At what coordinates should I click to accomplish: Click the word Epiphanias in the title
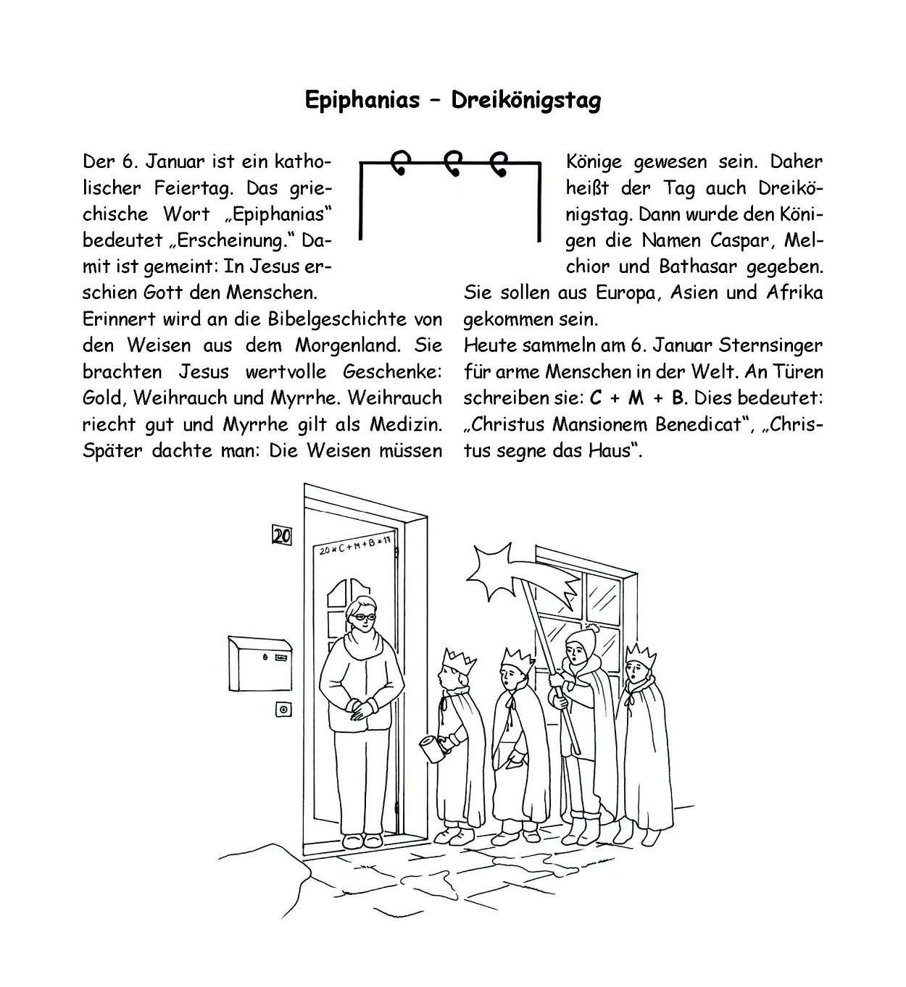[362, 100]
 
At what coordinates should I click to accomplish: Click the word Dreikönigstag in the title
[525, 100]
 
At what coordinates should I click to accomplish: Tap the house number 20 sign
[281, 536]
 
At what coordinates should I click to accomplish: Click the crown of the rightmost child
[641, 657]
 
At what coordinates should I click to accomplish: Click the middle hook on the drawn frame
[453, 164]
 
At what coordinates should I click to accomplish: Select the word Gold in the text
[102, 398]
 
